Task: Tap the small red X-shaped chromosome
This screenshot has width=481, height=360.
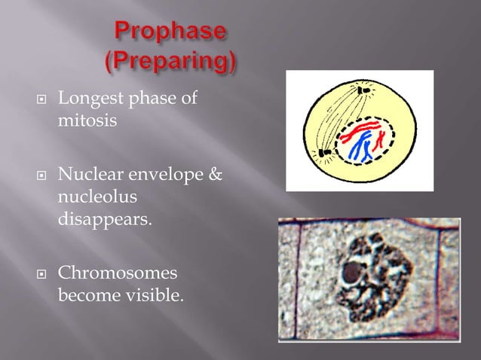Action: (x=381, y=137)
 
